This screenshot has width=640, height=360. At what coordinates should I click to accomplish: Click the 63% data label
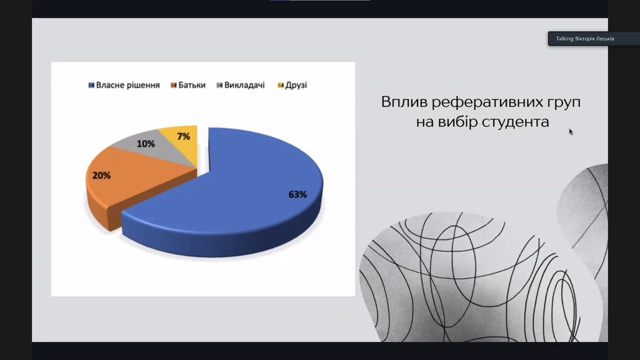pyautogui.click(x=297, y=195)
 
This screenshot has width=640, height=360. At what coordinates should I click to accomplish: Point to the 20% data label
pyautogui.click(x=101, y=176)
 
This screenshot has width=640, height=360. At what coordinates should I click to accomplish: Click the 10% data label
pyautogui.click(x=146, y=144)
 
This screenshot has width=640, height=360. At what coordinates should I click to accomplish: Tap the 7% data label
pyautogui.click(x=184, y=136)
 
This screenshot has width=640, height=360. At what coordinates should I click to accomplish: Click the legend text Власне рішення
pyautogui.click(x=127, y=85)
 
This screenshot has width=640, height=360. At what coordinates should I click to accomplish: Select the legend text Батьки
pyautogui.click(x=192, y=85)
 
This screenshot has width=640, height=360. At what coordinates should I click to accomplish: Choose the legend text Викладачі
pyautogui.click(x=244, y=85)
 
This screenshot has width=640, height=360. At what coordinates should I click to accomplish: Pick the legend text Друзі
pyautogui.click(x=296, y=85)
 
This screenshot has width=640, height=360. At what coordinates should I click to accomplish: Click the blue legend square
pyautogui.click(x=91, y=85)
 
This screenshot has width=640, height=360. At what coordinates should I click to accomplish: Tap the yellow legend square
pyautogui.click(x=281, y=85)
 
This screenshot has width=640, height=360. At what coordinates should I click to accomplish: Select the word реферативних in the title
pyautogui.click(x=489, y=102)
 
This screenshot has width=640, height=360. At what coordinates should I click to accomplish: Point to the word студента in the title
pyautogui.click(x=515, y=122)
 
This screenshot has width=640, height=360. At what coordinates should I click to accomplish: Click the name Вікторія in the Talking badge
pyautogui.click(x=585, y=39)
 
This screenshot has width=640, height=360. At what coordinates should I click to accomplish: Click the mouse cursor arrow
pyautogui.click(x=571, y=131)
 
